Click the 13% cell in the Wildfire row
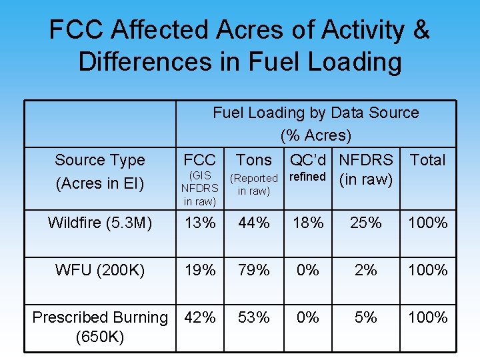[200, 223]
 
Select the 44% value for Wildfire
[254, 223]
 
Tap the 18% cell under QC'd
[308, 223]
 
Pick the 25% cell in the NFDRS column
[366, 223]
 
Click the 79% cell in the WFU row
[254, 270]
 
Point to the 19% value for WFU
[200, 270]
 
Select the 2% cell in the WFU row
[366, 270]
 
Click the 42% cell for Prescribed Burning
[200, 317]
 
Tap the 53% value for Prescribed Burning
[254, 317]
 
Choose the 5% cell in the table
[366, 317]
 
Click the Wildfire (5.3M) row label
[99, 223]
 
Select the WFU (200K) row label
[99, 270]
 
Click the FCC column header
[200, 160]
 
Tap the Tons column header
[254, 160]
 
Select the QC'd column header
[307, 160]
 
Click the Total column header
[427, 160]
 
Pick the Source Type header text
[99, 160]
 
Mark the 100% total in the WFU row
[427, 270]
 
